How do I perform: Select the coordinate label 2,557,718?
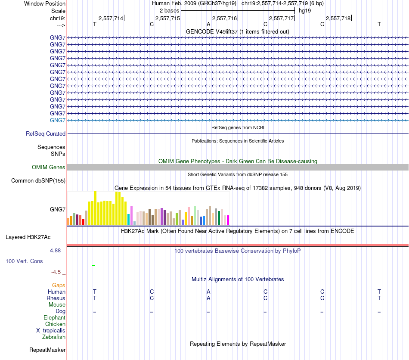click(x=338, y=18)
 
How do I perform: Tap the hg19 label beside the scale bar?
click(x=305, y=10)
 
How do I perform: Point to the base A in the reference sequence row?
click(x=208, y=25)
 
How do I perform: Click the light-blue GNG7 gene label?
click(x=58, y=120)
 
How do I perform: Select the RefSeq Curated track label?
click(x=46, y=134)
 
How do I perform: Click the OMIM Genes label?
click(x=49, y=167)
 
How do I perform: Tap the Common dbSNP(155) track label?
click(x=38, y=181)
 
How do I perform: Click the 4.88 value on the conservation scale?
click(x=58, y=250)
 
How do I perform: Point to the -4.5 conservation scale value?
click(x=58, y=272)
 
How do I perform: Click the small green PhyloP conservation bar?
click(x=93, y=265)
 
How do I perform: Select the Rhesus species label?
click(x=56, y=298)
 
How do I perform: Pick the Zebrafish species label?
click(x=54, y=337)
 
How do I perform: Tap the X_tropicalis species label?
click(x=51, y=331)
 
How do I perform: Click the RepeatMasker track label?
click(x=47, y=350)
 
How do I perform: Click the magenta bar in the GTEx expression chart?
click(x=228, y=220)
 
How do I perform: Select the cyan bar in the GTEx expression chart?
click(x=129, y=220)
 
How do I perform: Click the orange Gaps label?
click(x=59, y=286)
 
